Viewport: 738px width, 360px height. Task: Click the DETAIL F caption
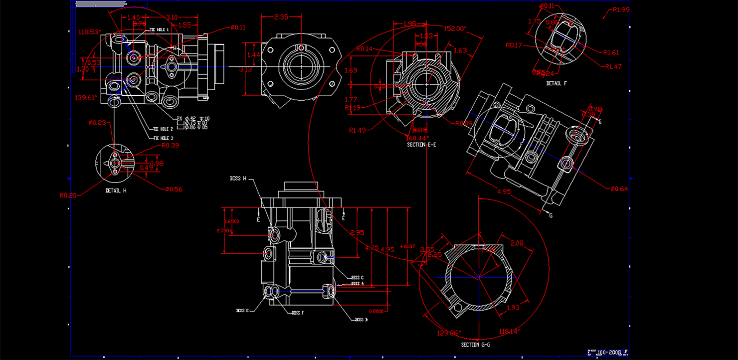(x=556, y=83)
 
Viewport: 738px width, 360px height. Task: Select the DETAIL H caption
(x=115, y=190)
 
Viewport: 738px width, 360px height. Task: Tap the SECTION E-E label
(x=422, y=145)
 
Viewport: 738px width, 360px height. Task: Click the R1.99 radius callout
(x=621, y=9)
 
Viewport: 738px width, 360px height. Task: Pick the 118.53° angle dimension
(x=90, y=32)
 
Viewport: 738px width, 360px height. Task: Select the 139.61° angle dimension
(x=86, y=98)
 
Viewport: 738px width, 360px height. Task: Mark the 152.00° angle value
(x=454, y=28)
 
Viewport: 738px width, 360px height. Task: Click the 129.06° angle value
(x=449, y=333)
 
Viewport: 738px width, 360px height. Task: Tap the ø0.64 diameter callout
(x=619, y=188)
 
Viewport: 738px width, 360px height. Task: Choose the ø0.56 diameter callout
(x=174, y=189)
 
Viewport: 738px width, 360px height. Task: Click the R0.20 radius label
(x=68, y=195)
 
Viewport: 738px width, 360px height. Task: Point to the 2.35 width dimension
(x=281, y=17)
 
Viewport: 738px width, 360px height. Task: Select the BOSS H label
(x=238, y=179)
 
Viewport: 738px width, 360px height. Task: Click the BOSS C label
(x=357, y=277)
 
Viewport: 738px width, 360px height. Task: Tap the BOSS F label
(x=298, y=313)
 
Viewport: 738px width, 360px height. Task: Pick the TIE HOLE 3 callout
(x=163, y=138)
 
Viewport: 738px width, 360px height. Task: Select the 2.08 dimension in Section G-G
(x=517, y=243)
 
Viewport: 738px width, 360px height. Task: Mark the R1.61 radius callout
(x=611, y=52)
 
